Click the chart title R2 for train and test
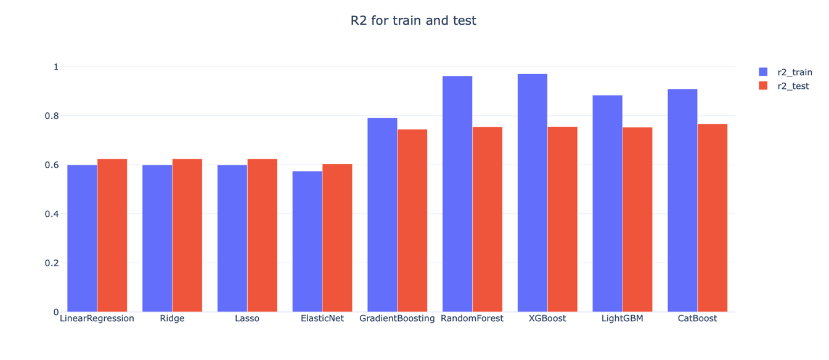point(413,20)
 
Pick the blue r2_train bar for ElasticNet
point(307,241)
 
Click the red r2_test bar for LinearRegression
point(112,235)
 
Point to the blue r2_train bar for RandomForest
point(457,194)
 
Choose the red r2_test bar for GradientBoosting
point(412,221)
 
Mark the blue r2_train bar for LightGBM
point(607,203)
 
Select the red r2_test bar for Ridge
point(187,235)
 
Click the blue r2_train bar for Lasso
point(232,239)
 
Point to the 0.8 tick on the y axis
point(51,116)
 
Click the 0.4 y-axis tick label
point(51,214)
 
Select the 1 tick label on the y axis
point(55,67)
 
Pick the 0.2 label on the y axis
point(51,263)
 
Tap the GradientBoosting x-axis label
point(397,319)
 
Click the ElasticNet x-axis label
point(322,319)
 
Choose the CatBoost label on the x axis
point(697,319)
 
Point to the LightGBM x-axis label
point(622,319)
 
